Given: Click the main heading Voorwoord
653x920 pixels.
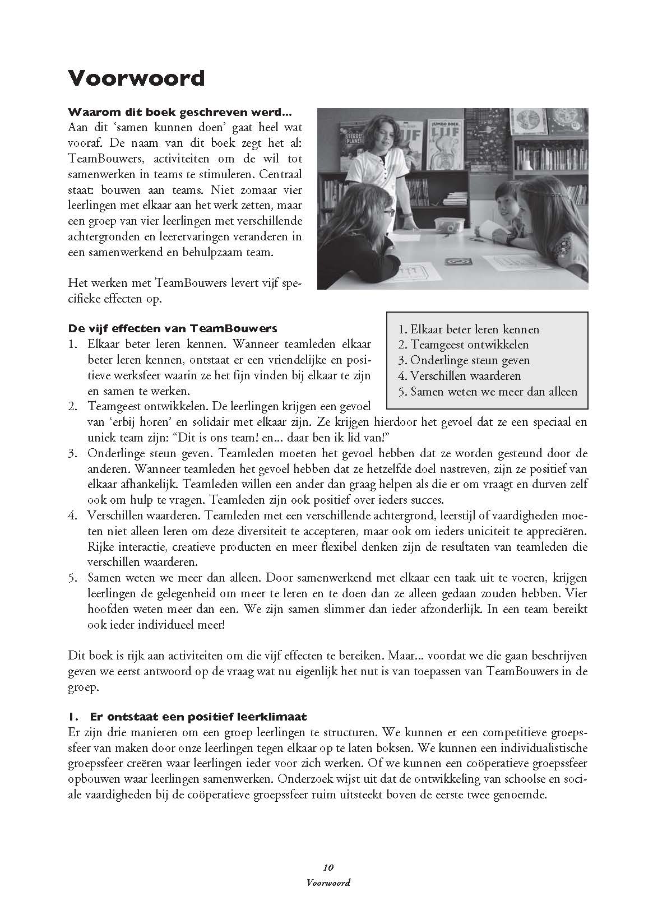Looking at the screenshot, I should (136, 77).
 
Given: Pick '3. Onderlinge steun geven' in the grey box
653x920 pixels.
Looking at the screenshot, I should (464, 360).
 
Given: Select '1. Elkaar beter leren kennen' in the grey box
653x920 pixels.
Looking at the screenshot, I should (469, 329).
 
